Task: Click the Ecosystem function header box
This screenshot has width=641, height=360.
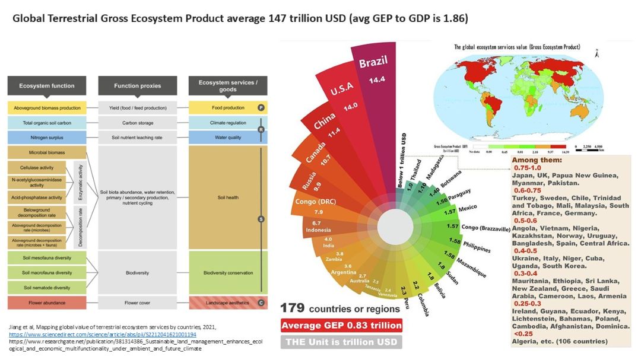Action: tap(47, 86)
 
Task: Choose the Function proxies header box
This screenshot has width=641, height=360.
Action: tap(137, 86)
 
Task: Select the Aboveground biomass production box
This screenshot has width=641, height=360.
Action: tap(47, 108)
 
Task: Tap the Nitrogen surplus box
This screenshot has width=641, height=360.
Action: tap(47, 138)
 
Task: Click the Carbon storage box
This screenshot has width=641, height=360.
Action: tap(137, 123)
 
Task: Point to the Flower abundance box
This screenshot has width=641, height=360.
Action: tap(47, 302)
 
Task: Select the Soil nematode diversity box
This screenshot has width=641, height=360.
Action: tap(47, 288)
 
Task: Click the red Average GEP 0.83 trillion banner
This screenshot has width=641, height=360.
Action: tap(341, 325)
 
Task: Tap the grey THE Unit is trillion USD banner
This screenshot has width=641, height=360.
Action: tap(341, 342)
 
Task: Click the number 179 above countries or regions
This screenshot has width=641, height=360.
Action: tap(293, 308)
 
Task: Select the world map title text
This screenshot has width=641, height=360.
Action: tap(517, 47)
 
